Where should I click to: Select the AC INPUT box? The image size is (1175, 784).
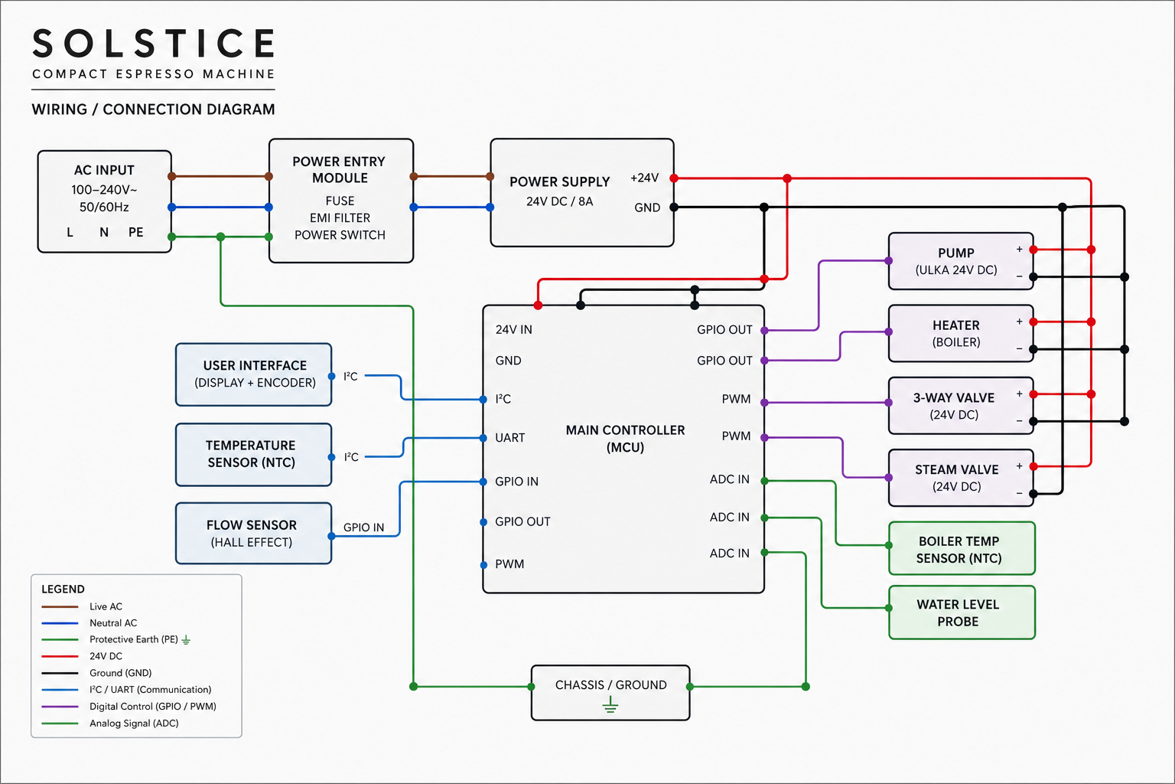click(x=104, y=201)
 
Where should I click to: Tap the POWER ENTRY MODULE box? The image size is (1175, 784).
click(x=341, y=201)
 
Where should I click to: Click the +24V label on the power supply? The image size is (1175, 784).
click(x=644, y=178)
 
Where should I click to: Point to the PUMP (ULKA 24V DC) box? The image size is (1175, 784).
click(x=961, y=261)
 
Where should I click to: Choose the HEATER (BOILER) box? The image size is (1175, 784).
click(x=961, y=334)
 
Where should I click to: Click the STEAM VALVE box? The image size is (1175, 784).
click(x=961, y=478)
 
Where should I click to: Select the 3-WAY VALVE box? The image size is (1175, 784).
click(x=961, y=405)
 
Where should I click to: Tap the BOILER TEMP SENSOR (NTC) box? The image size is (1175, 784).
click(x=962, y=548)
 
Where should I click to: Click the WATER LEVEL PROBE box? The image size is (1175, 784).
click(x=962, y=612)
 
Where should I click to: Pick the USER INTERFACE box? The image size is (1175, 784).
click(x=253, y=374)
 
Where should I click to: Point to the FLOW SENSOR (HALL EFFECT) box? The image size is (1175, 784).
click(x=253, y=534)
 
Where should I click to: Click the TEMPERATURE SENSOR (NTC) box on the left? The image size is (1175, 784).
click(x=253, y=455)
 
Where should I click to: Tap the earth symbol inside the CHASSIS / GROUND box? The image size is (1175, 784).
click(x=610, y=704)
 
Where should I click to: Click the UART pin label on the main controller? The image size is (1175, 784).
click(x=510, y=438)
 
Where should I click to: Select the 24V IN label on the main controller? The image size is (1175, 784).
click(x=513, y=330)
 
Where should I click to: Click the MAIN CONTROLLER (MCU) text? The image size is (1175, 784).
click(x=625, y=439)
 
